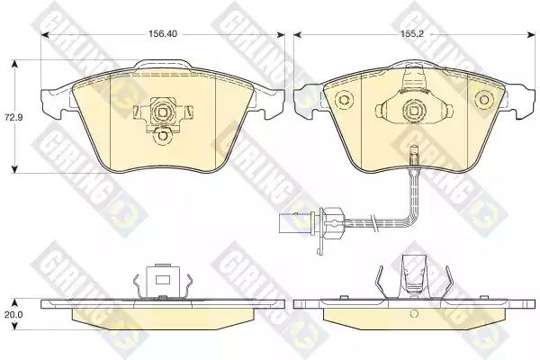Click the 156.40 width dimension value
(x=163, y=34)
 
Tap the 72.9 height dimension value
(x=13, y=118)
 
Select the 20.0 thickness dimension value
(x=13, y=314)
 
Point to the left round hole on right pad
(x=344, y=100)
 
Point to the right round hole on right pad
(x=484, y=100)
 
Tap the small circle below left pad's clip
(x=162, y=136)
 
